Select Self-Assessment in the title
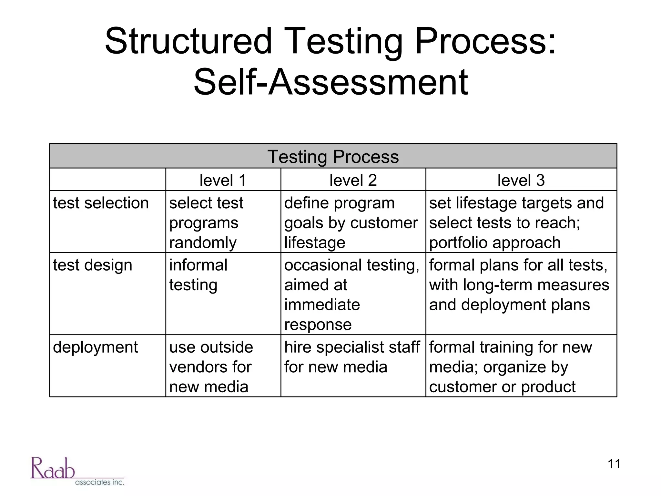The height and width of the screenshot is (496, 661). point(330,83)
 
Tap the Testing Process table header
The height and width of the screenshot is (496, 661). point(333,157)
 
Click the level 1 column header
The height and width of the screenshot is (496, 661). point(223,180)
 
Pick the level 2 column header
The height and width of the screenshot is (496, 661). point(353,180)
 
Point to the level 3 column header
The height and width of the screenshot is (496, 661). point(521,180)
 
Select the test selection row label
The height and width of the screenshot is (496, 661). point(101,203)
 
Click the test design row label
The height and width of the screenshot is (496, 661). point(93,265)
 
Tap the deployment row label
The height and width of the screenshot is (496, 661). point(95,347)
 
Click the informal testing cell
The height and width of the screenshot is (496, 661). point(198,275)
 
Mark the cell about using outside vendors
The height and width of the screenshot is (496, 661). point(211,367)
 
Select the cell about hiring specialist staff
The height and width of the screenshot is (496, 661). point(352,357)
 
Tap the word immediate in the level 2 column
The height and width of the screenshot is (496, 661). point(322,305)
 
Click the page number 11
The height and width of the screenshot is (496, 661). point(614,464)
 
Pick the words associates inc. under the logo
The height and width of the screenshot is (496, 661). point(100,482)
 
